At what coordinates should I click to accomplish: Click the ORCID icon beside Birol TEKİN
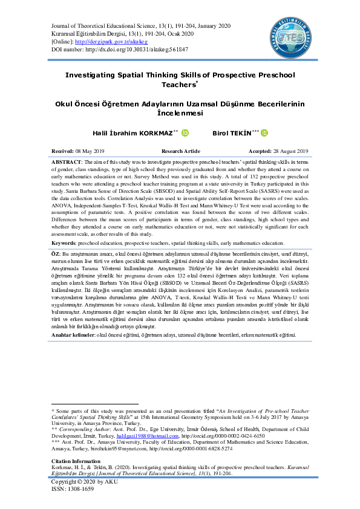coord(264,133)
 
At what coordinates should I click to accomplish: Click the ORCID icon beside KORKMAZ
coord(185,133)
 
